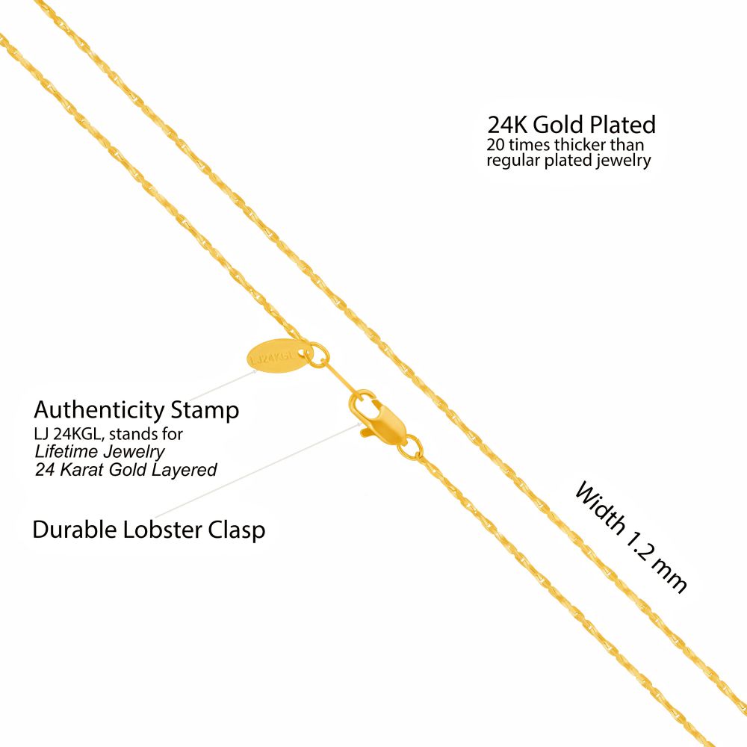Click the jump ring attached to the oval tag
pos(316,354)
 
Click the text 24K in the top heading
pos(507,125)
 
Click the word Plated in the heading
pos(623,125)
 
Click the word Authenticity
pos(99,409)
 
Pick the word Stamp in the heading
pos(205,411)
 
